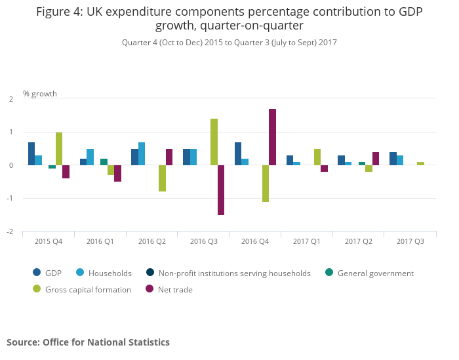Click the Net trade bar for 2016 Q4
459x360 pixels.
(272, 137)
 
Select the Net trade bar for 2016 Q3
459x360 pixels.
(221, 190)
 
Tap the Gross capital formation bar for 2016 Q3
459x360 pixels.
(214, 142)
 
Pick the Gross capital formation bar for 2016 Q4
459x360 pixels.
(266, 184)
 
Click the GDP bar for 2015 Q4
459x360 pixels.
(31, 153)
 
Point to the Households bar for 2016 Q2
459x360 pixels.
(142, 153)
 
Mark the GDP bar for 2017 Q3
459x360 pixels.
(393, 159)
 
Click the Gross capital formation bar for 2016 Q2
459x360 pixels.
(162, 178)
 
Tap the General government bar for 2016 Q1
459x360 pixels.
(104, 162)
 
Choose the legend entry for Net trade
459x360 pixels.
(169, 289)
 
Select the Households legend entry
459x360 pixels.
(110, 273)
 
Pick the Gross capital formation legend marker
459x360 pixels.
(37, 289)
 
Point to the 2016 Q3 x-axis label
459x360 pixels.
(203, 241)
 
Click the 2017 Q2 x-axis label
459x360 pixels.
(359, 241)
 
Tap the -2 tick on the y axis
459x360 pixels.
(11, 231)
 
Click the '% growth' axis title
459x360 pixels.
(40, 94)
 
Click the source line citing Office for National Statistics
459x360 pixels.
(88, 342)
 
